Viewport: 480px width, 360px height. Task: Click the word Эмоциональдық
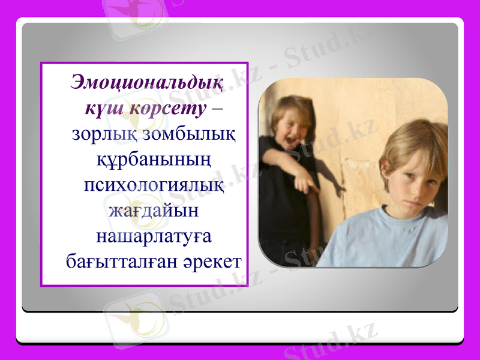(146, 82)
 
